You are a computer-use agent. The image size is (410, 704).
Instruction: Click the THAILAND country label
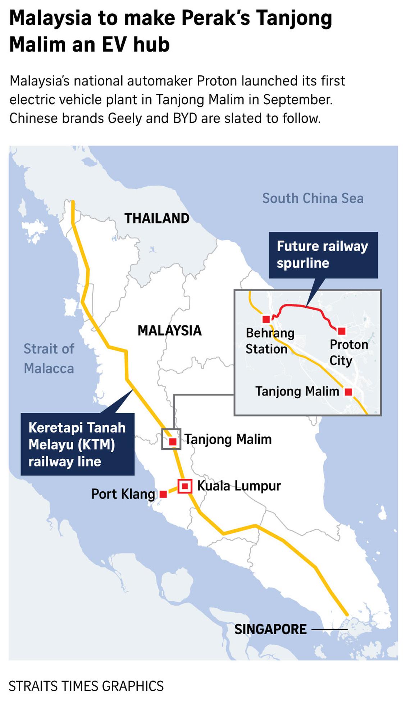click(x=157, y=218)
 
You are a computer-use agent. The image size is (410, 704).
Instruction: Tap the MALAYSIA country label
click(x=169, y=330)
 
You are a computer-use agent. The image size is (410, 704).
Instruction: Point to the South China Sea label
click(x=313, y=198)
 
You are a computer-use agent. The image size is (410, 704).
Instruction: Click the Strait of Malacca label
click(x=49, y=358)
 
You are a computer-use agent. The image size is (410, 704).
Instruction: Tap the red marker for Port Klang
click(x=163, y=494)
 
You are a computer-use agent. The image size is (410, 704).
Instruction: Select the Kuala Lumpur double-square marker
click(x=185, y=486)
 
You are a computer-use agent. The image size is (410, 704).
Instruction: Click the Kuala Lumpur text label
click(x=239, y=486)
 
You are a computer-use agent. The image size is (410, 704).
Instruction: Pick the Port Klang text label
click(x=123, y=494)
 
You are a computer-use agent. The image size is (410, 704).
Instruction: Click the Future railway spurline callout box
click(x=323, y=255)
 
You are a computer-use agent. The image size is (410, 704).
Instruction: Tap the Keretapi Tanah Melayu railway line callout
click(x=77, y=444)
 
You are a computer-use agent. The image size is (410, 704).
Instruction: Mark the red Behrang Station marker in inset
click(x=266, y=319)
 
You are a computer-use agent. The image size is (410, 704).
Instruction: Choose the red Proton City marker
click(x=342, y=331)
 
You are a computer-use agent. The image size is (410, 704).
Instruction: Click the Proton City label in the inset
click(x=348, y=352)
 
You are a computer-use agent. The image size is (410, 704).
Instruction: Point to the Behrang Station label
click(x=270, y=341)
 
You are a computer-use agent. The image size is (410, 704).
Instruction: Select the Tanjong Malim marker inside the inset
click(x=348, y=392)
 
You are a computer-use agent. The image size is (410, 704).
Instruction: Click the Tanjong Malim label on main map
click(x=228, y=439)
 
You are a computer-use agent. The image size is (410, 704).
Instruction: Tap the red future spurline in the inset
click(x=306, y=307)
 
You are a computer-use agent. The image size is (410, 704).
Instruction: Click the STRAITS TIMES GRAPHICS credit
click(x=86, y=686)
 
